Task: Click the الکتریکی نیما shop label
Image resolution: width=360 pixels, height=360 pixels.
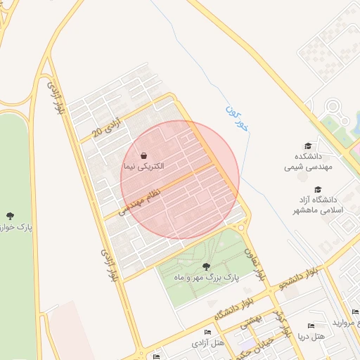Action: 143,167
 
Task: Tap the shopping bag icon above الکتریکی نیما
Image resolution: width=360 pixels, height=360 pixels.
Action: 143,155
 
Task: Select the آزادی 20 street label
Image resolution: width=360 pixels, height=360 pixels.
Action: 108,129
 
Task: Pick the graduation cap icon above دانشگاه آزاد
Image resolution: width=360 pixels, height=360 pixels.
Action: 318,189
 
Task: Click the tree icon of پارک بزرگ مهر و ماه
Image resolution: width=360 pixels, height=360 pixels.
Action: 205,266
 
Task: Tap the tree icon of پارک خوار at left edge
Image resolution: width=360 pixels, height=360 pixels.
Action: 10,216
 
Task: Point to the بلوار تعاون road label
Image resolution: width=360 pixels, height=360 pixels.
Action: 255,264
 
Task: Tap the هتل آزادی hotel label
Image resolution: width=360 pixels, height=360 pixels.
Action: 207,343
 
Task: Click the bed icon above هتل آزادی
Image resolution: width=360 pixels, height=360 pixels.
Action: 207,332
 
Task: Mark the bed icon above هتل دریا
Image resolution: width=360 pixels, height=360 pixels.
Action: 311,326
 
